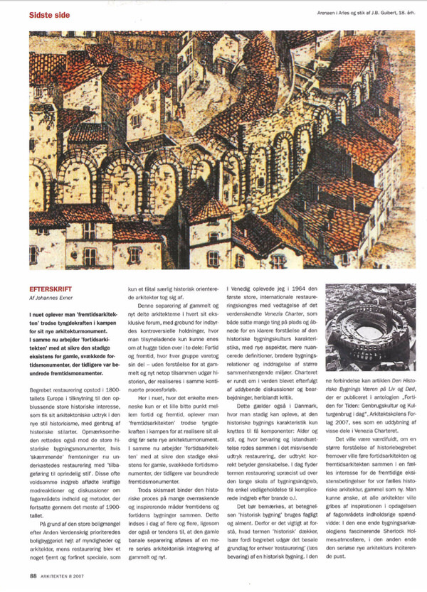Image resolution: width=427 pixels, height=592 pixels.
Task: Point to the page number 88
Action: tap(33, 575)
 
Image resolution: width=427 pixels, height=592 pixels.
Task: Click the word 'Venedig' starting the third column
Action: tap(243, 291)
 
